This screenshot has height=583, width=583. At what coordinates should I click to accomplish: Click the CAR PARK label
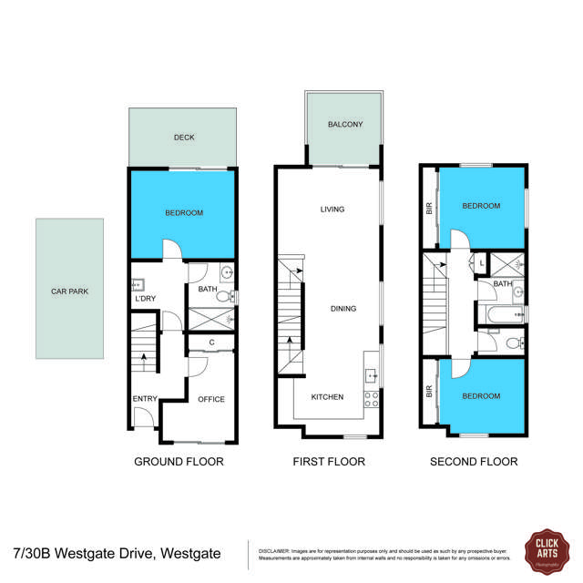coord(68,291)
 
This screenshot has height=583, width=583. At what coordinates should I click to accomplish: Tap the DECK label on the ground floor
coord(184,138)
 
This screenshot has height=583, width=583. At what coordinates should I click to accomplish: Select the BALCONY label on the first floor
coord(345,125)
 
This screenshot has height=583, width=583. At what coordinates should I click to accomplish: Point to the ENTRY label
coord(144,399)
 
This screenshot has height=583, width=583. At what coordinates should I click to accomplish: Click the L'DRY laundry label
coord(144,300)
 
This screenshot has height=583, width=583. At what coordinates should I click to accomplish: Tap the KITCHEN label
coord(328,397)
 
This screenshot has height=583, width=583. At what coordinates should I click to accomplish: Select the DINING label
coord(345,308)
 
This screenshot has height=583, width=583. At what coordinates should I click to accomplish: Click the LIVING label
coord(332,210)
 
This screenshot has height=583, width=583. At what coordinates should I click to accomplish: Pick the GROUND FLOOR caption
coord(179,462)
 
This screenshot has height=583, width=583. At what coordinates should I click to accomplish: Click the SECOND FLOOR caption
coord(474,462)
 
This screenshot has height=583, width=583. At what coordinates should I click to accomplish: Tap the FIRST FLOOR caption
coord(329,462)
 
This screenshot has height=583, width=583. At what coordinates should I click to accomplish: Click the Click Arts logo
coord(547,552)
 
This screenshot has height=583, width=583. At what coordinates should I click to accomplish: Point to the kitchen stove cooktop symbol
coord(372,397)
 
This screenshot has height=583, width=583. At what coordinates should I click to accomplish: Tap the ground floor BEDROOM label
coord(184,212)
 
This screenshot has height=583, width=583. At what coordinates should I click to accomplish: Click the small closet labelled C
coord(211,343)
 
